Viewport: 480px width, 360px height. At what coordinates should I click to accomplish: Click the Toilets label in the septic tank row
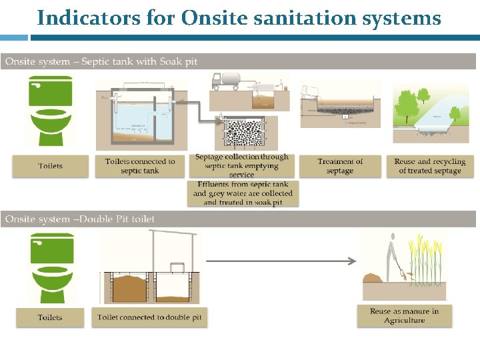tap(51, 166)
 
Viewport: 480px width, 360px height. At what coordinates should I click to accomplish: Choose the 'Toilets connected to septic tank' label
tap(140, 166)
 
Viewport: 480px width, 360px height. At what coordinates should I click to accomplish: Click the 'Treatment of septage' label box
tap(340, 166)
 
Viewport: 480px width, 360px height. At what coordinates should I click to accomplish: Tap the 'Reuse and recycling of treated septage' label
tap(429, 166)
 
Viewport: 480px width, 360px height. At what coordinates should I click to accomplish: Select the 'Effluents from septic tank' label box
tap(243, 193)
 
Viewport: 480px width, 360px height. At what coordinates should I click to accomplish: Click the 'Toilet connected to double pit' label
tap(149, 317)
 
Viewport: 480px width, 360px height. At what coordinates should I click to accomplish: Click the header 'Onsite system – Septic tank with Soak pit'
tap(101, 61)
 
